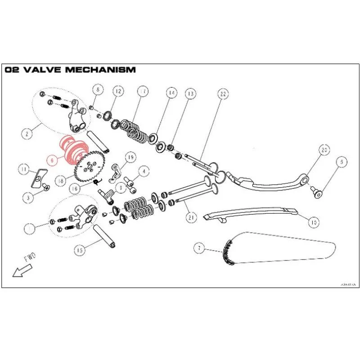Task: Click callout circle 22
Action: click(x=223, y=94)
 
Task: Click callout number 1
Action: click(x=29, y=228)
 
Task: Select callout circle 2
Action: click(x=28, y=134)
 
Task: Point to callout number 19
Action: click(x=130, y=157)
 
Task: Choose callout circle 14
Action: click(x=171, y=94)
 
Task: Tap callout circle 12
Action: click(x=117, y=91)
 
